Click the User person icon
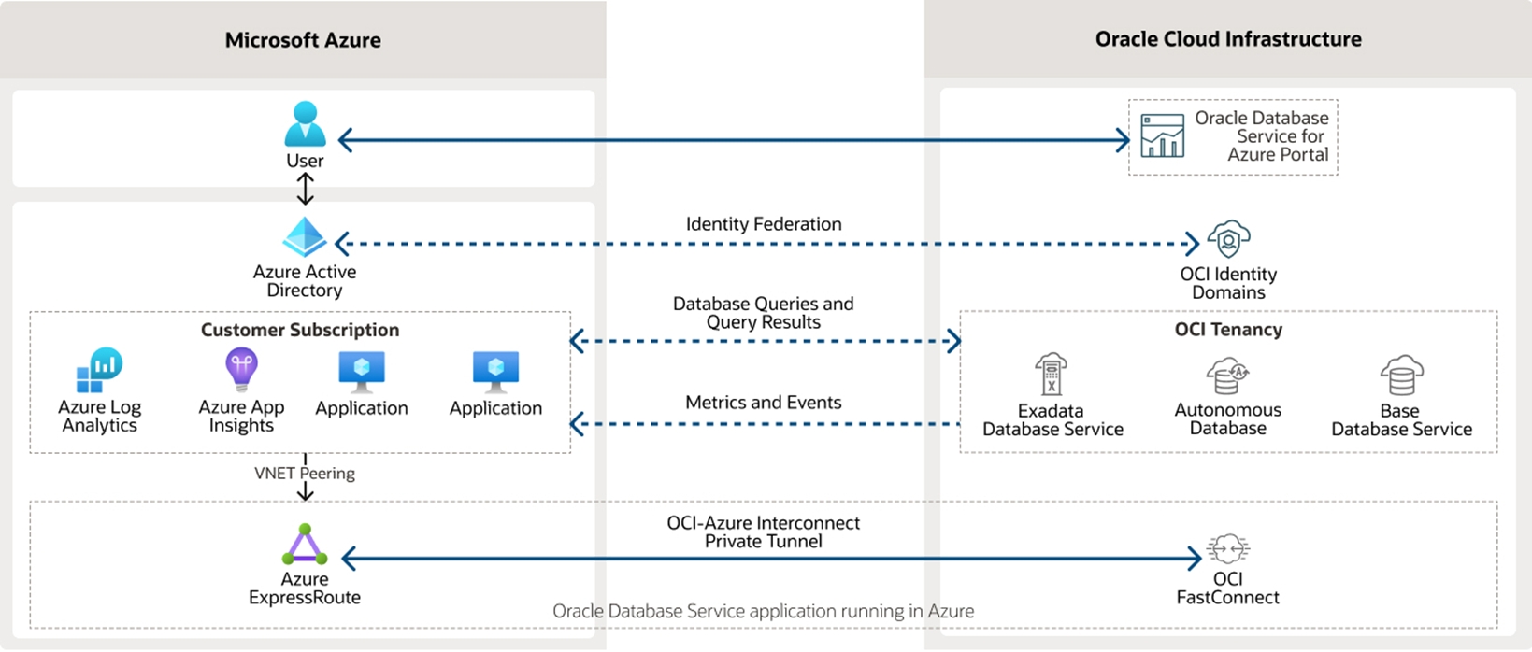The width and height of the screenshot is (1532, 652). click(x=306, y=124)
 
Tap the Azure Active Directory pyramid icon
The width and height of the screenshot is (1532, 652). click(x=305, y=238)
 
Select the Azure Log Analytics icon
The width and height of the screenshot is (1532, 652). click(x=99, y=371)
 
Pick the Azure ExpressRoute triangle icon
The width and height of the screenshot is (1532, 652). click(x=305, y=546)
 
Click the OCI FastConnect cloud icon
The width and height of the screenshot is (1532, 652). click(x=1227, y=548)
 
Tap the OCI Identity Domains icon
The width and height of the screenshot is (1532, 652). click(x=1228, y=240)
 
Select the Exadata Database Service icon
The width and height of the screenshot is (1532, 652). click(x=1052, y=375)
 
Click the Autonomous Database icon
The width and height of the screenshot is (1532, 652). click(x=1227, y=376)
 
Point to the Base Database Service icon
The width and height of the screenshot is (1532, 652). click(x=1401, y=376)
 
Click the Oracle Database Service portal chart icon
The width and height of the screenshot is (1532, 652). click(x=1163, y=136)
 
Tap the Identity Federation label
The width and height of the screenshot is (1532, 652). click(x=764, y=224)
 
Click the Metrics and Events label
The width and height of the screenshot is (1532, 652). click(x=763, y=403)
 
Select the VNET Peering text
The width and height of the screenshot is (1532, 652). click(x=305, y=474)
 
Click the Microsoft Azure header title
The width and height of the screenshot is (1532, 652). click(x=303, y=40)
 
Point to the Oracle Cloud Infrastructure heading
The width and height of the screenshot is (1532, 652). click(x=1227, y=39)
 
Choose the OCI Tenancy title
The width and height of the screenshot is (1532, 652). click(x=1227, y=330)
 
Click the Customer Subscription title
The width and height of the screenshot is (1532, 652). click(x=300, y=330)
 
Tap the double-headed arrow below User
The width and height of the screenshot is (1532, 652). click(x=305, y=189)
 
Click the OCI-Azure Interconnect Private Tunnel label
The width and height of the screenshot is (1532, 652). click(x=763, y=532)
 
